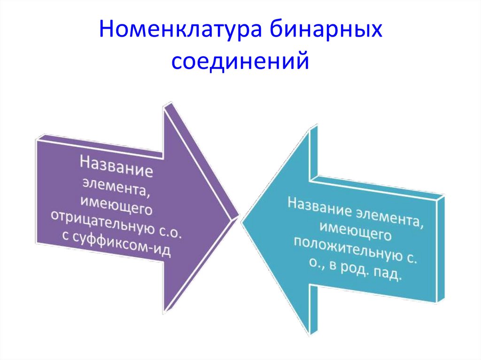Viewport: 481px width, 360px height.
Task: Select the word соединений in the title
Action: tap(240, 61)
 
